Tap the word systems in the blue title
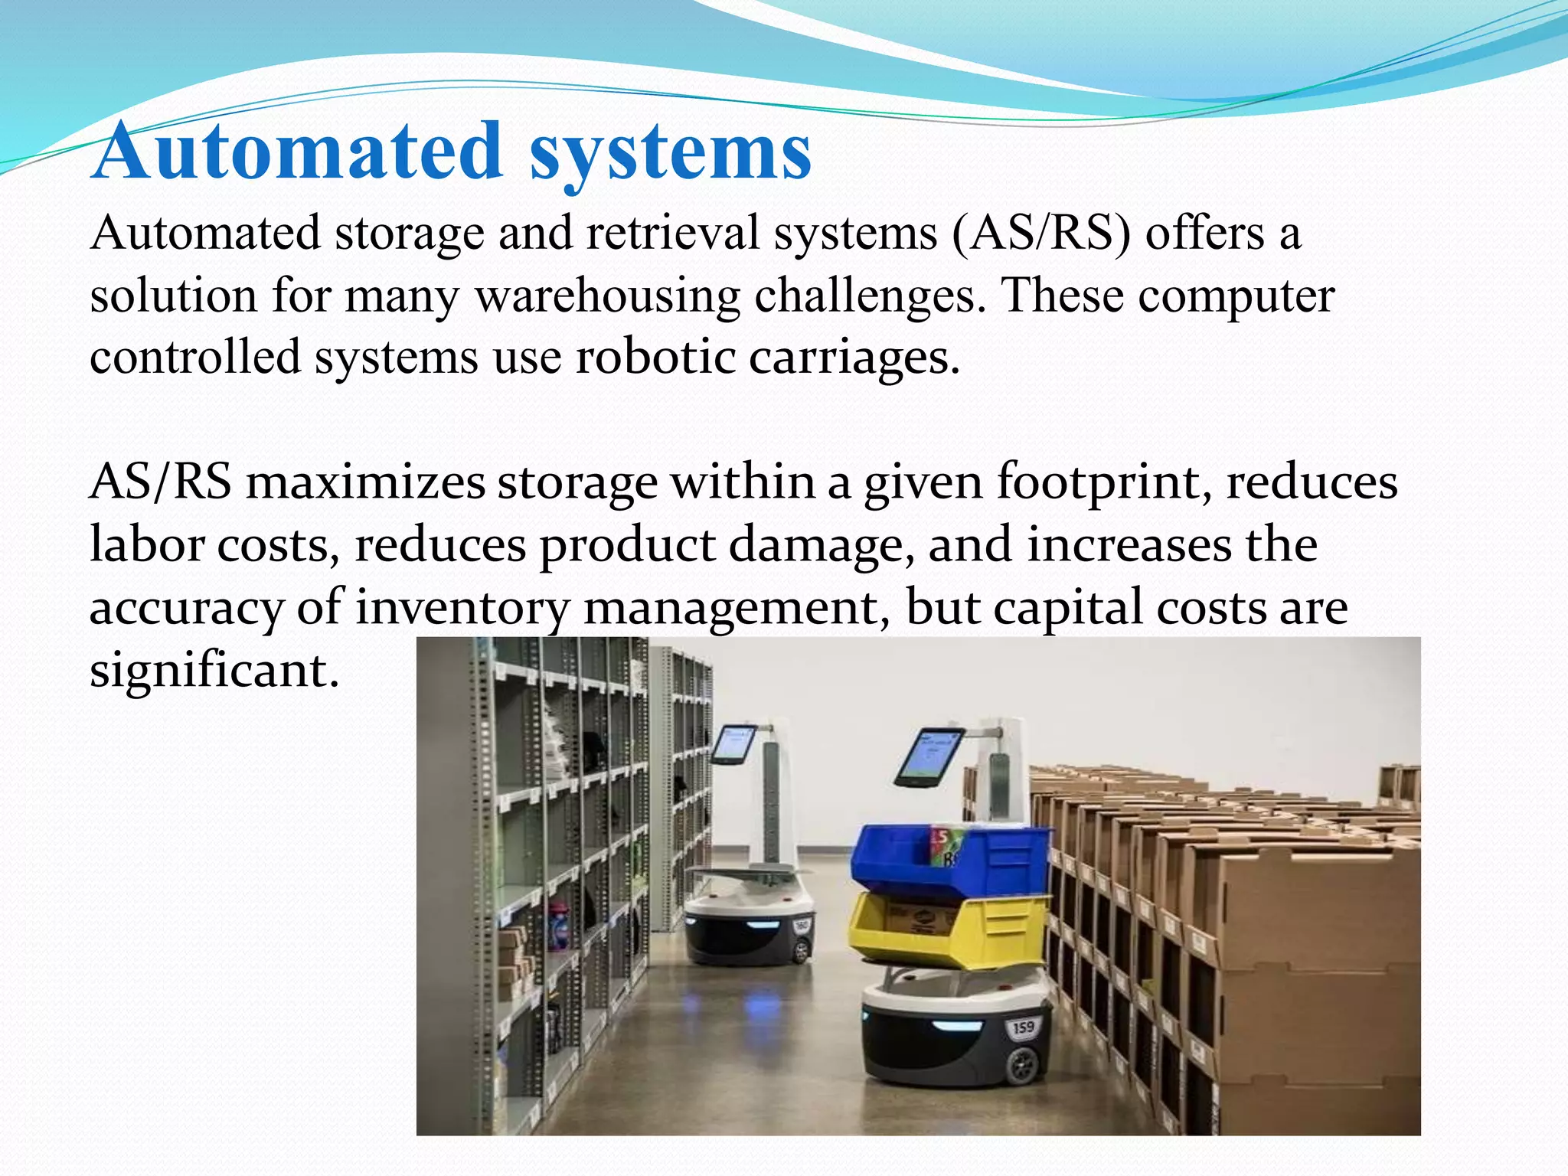point(670,153)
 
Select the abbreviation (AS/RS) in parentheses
point(1041,233)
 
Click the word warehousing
point(608,296)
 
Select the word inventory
point(462,608)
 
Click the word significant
point(214,670)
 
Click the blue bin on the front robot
point(949,861)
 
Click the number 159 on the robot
point(1023,1027)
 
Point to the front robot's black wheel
point(1023,1065)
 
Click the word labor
point(146,546)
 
